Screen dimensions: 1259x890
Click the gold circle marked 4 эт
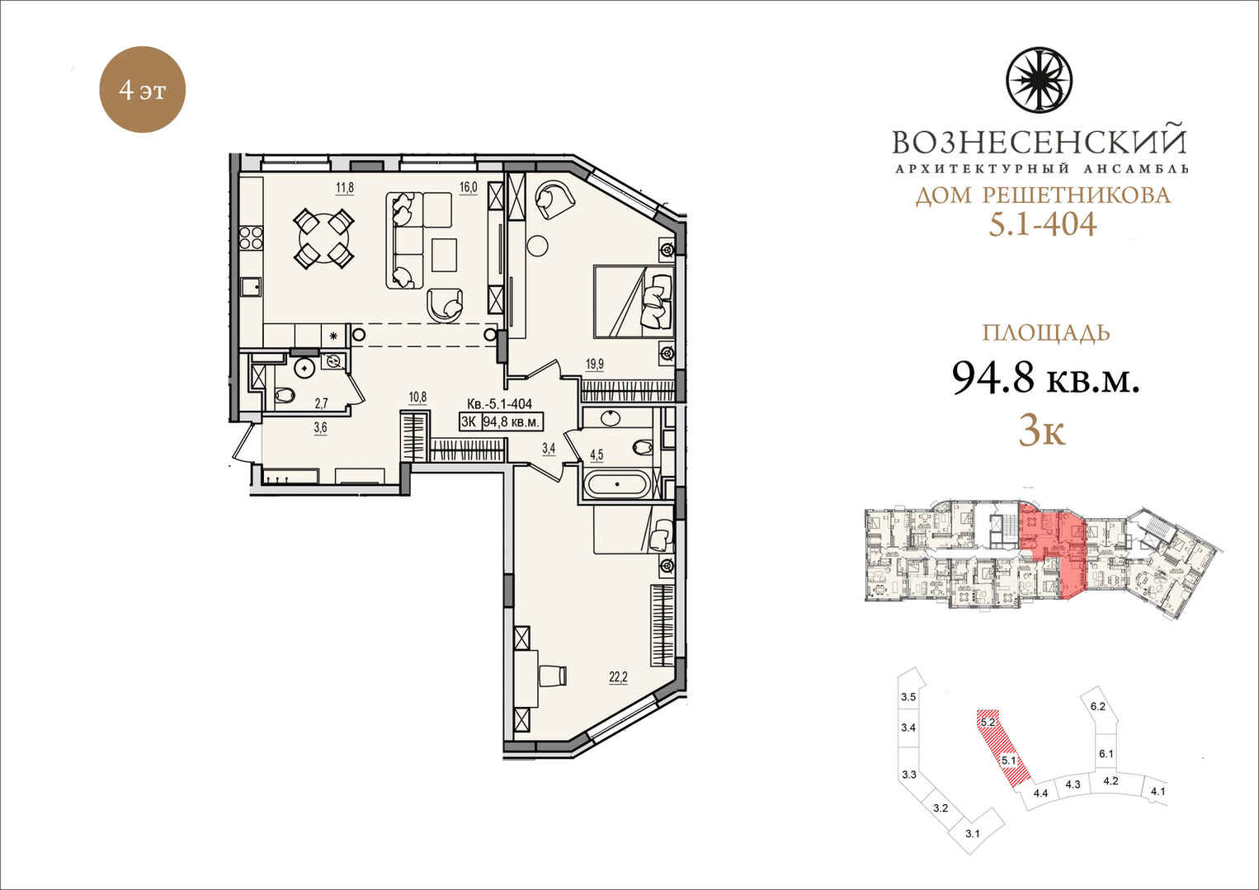(142, 89)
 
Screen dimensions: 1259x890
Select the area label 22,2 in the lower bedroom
(618, 678)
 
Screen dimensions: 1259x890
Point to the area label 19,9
(595, 364)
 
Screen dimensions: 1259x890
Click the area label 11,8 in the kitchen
(345, 187)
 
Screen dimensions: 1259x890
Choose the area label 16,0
(468, 187)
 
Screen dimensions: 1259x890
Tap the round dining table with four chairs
(324, 238)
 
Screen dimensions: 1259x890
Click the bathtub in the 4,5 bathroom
(617, 484)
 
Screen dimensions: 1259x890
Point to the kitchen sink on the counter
(252, 287)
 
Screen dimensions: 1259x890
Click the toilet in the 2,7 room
(285, 396)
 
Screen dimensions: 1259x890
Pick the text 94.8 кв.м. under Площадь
(1045, 377)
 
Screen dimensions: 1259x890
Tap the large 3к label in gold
(1043, 432)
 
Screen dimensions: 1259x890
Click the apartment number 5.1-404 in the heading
(1043, 224)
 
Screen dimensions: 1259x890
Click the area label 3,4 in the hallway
(549, 448)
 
